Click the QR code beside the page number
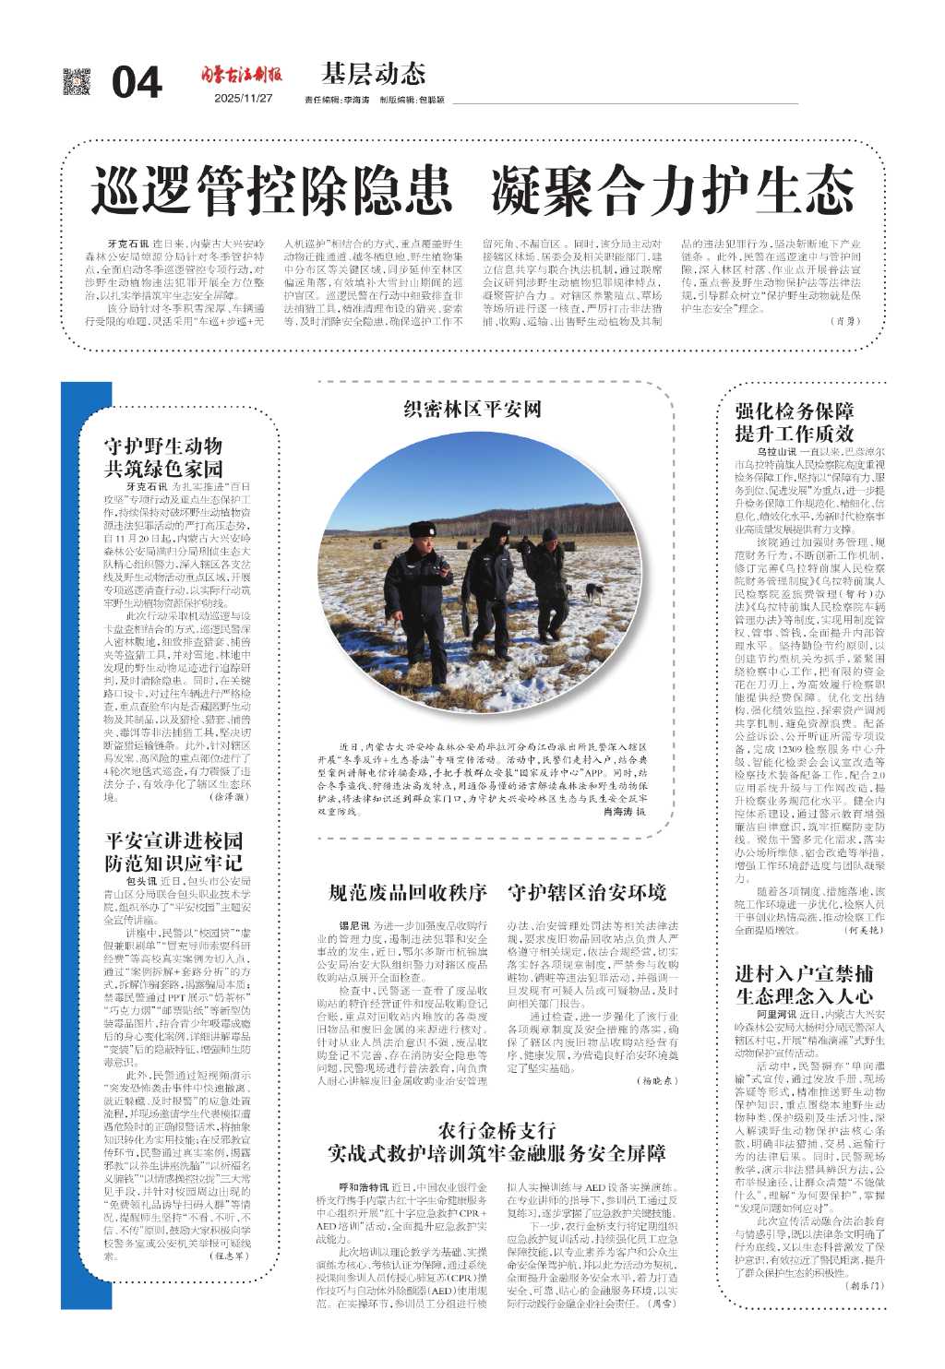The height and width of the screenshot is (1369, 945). (77, 81)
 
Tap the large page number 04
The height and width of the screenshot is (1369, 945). (137, 83)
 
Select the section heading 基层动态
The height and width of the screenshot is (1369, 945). (373, 73)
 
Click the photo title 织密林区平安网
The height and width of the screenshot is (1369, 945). (472, 409)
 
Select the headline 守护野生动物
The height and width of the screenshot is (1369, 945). (162, 446)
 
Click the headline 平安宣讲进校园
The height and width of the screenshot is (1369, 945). (173, 839)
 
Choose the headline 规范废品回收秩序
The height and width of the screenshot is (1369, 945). (407, 892)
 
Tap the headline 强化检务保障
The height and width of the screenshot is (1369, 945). (794, 411)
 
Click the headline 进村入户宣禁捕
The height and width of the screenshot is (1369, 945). (804, 974)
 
